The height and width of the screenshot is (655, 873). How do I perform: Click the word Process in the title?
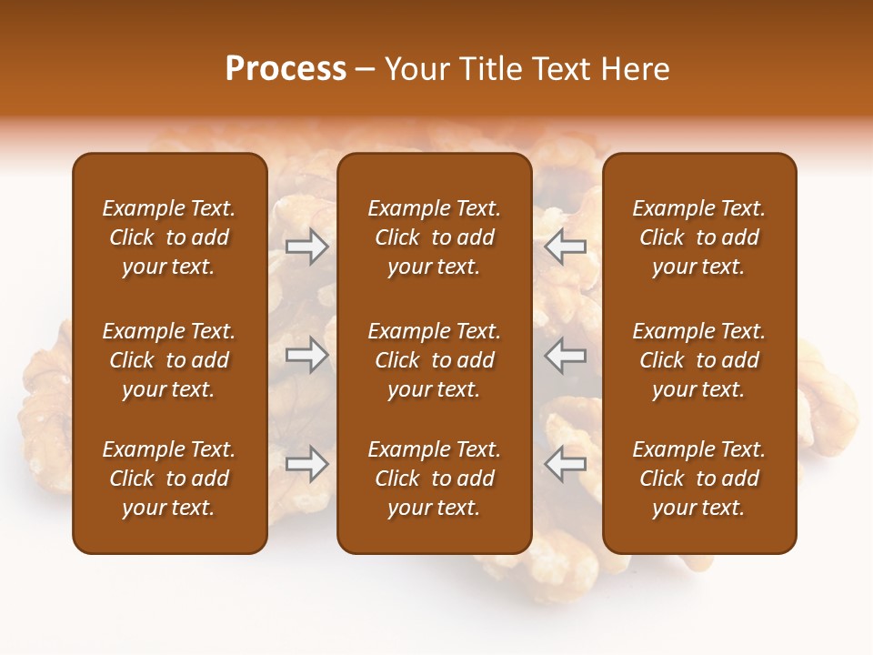(x=286, y=69)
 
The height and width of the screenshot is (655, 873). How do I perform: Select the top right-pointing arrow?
(x=307, y=247)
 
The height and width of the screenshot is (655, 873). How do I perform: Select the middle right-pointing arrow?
(x=307, y=355)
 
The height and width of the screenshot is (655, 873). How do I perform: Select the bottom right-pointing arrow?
(x=307, y=464)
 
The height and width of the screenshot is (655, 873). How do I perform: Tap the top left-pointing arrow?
(x=566, y=247)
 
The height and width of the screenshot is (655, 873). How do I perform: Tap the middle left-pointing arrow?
(x=566, y=355)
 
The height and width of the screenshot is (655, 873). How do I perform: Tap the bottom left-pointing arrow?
(x=566, y=464)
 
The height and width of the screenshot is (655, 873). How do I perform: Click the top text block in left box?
(x=169, y=237)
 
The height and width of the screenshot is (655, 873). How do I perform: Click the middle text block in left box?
(x=169, y=360)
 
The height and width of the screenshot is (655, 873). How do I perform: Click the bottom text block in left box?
(x=169, y=479)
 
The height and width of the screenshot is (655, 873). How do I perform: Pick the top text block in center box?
(x=434, y=237)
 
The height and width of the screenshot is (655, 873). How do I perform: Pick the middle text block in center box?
(x=434, y=360)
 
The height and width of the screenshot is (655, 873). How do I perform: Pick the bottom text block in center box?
(x=434, y=479)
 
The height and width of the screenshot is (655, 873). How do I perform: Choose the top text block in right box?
(x=698, y=237)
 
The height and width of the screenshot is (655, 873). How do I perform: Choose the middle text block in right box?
(x=698, y=360)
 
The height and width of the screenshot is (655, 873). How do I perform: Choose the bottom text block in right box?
(x=698, y=479)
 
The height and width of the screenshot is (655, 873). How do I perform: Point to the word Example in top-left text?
(x=142, y=209)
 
